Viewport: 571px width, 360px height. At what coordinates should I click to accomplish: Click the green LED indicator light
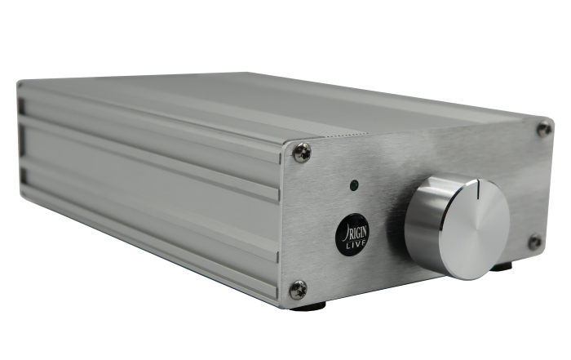353,186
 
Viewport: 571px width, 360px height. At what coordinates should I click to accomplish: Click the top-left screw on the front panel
303,153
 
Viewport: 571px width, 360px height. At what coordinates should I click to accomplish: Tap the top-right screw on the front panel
544,129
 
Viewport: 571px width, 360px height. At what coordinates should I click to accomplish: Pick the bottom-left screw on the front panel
299,290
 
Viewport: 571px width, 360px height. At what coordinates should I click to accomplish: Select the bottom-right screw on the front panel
535,242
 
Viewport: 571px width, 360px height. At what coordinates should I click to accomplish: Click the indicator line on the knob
477,190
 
